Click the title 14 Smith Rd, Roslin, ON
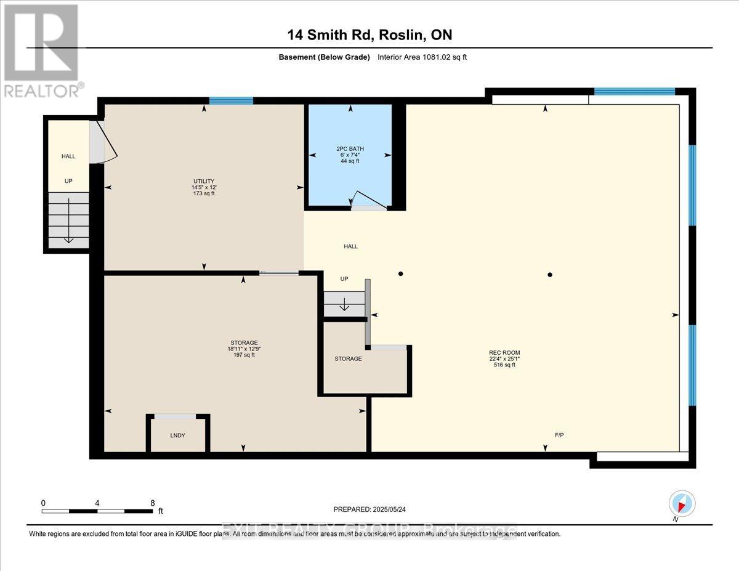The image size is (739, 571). (369, 35)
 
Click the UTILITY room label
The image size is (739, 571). (203, 181)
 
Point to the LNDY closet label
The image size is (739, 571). (177, 435)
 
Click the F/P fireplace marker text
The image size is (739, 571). (559, 435)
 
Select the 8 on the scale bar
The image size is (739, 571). (152, 503)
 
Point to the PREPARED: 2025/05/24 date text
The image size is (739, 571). (369, 509)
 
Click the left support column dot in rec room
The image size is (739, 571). (400, 274)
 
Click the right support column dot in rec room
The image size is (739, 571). (550, 275)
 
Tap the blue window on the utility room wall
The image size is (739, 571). (231, 101)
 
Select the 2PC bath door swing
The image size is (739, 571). (368, 201)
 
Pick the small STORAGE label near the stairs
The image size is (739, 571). (348, 358)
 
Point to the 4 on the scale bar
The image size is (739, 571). (97, 503)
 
